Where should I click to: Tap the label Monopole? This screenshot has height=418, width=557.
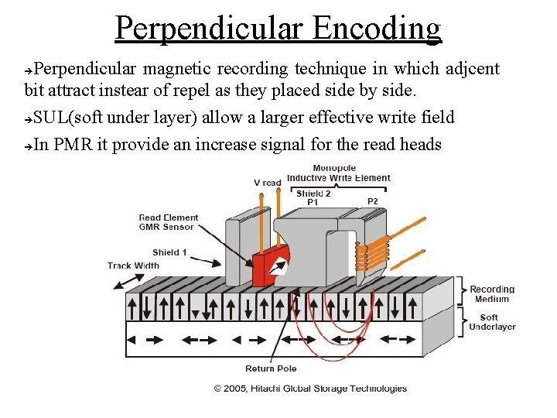[x=334, y=168]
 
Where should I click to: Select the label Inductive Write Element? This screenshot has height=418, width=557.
[x=339, y=178]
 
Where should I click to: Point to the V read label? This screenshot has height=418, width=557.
[x=268, y=183]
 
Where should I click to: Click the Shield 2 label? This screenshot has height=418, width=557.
[x=313, y=193]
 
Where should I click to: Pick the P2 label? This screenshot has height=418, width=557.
[x=373, y=201]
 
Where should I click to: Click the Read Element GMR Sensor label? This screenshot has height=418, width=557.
[x=169, y=223]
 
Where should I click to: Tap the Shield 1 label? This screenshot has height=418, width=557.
[x=170, y=252]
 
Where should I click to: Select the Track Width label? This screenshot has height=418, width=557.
[x=133, y=266]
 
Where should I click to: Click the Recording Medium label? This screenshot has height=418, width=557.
[x=492, y=294]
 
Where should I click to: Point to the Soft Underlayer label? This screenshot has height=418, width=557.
[x=492, y=322]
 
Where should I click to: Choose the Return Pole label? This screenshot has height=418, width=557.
[x=271, y=368]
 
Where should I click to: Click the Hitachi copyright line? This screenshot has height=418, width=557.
[x=310, y=389]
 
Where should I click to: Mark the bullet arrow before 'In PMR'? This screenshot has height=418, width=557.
[x=28, y=145]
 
